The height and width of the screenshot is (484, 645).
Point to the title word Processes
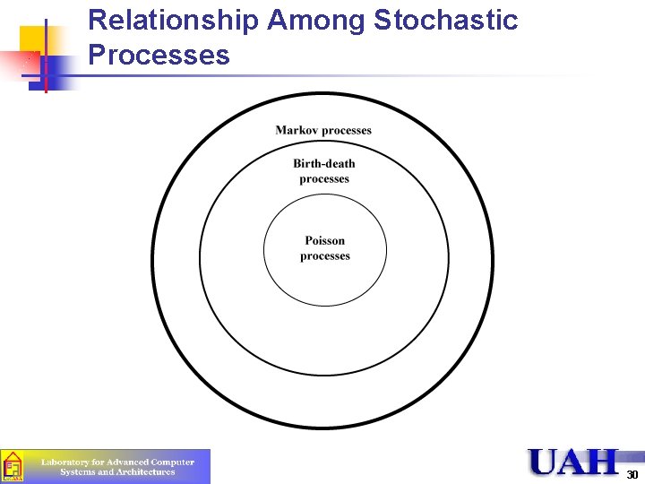coord(159,56)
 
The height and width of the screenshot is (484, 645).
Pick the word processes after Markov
coord(347,131)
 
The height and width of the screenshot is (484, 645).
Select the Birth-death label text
coord(324,163)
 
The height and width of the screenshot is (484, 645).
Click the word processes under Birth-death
coord(324,179)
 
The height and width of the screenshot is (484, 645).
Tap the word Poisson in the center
coord(324,240)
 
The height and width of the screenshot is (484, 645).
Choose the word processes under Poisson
coord(324,256)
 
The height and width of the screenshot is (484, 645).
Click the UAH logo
coord(574,462)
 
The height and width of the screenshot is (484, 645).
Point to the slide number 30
coord(632,474)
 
